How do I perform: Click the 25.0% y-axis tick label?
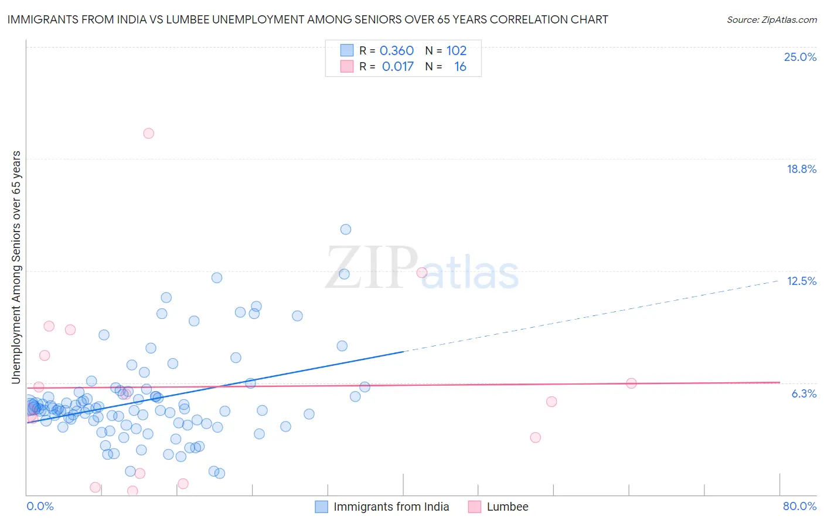click(x=800, y=57)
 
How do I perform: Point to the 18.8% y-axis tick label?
click(x=801, y=169)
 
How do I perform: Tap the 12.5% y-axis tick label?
click(x=801, y=281)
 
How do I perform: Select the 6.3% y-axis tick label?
click(x=803, y=393)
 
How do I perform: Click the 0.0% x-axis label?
click(x=40, y=506)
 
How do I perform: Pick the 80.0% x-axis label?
click(x=799, y=506)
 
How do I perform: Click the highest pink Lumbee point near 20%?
click(x=149, y=134)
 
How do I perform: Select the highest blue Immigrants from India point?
click(x=346, y=229)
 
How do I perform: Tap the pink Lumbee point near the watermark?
click(x=421, y=273)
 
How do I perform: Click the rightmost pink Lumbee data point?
click(x=631, y=383)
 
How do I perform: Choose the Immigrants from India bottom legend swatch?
click(x=321, y=507)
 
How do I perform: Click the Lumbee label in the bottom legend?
click(x=507, y=507)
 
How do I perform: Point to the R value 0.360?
click(x=396, y=51)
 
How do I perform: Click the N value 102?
click(x=457, y=51)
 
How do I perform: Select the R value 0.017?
click(x=397, y=67)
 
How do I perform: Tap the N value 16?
click(x=460, y=67)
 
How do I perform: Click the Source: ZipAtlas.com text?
click(x=771, y=19)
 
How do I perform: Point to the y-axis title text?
click(x=16, y=267)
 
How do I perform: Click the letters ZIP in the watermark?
click(x=372, y=268)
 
